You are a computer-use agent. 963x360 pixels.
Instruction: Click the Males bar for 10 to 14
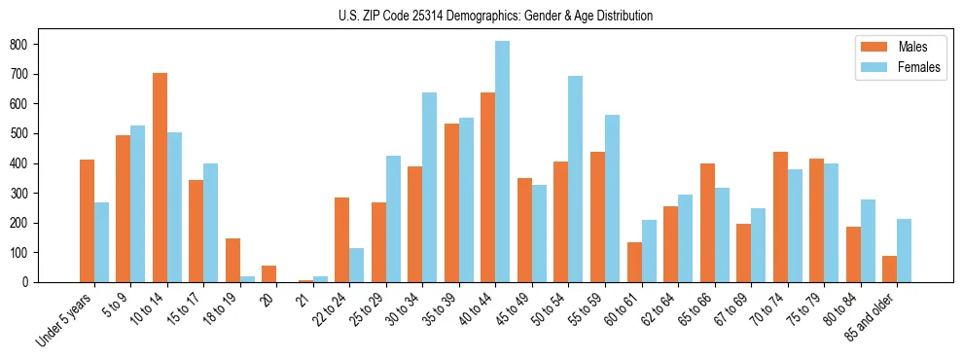(x=160, y=178)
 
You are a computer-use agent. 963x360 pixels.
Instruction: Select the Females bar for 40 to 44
(x=503, y=162)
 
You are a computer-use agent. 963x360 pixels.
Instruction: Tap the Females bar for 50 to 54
(x=576, y=179)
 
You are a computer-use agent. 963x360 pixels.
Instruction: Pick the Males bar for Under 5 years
(x=87, y=221)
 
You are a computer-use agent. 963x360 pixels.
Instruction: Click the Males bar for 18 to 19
(x=232, y=261)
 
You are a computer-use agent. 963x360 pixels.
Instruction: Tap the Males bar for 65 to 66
(x=707, y=223)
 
